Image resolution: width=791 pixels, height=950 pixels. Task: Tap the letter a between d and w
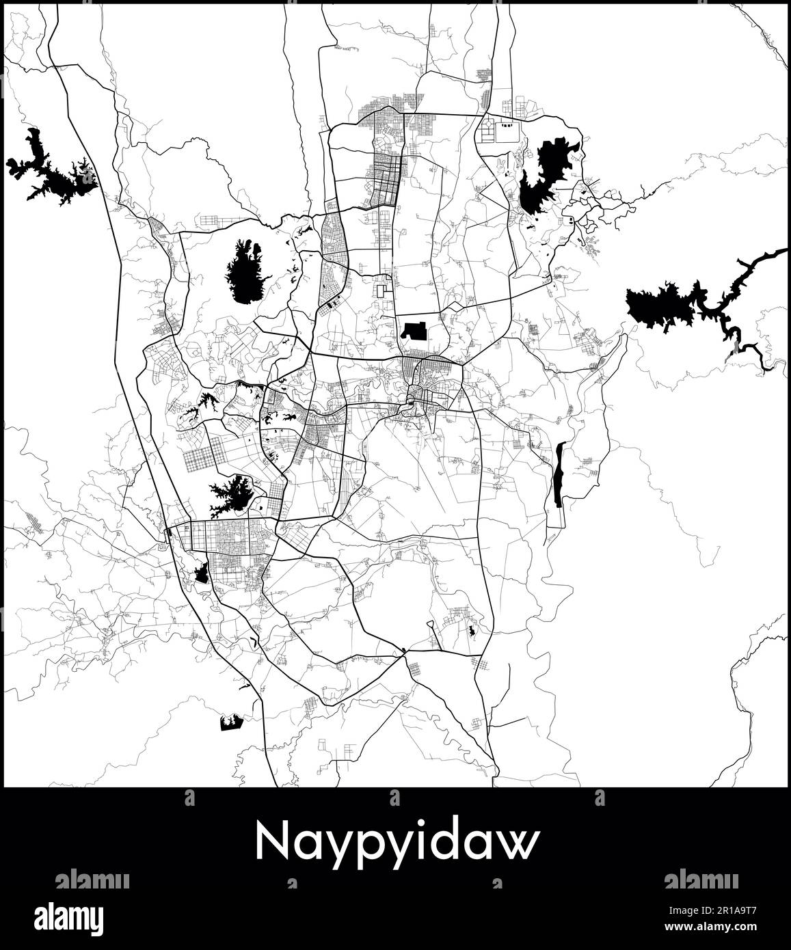point(479,845)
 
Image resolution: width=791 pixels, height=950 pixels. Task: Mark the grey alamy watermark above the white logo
point(92,880)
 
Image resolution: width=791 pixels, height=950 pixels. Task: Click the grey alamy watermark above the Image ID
point(701,880)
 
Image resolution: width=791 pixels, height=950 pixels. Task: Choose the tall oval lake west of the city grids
point(245,271)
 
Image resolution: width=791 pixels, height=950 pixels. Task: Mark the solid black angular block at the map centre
point(414,331)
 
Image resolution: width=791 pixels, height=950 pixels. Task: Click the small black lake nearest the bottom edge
point(232,722)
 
